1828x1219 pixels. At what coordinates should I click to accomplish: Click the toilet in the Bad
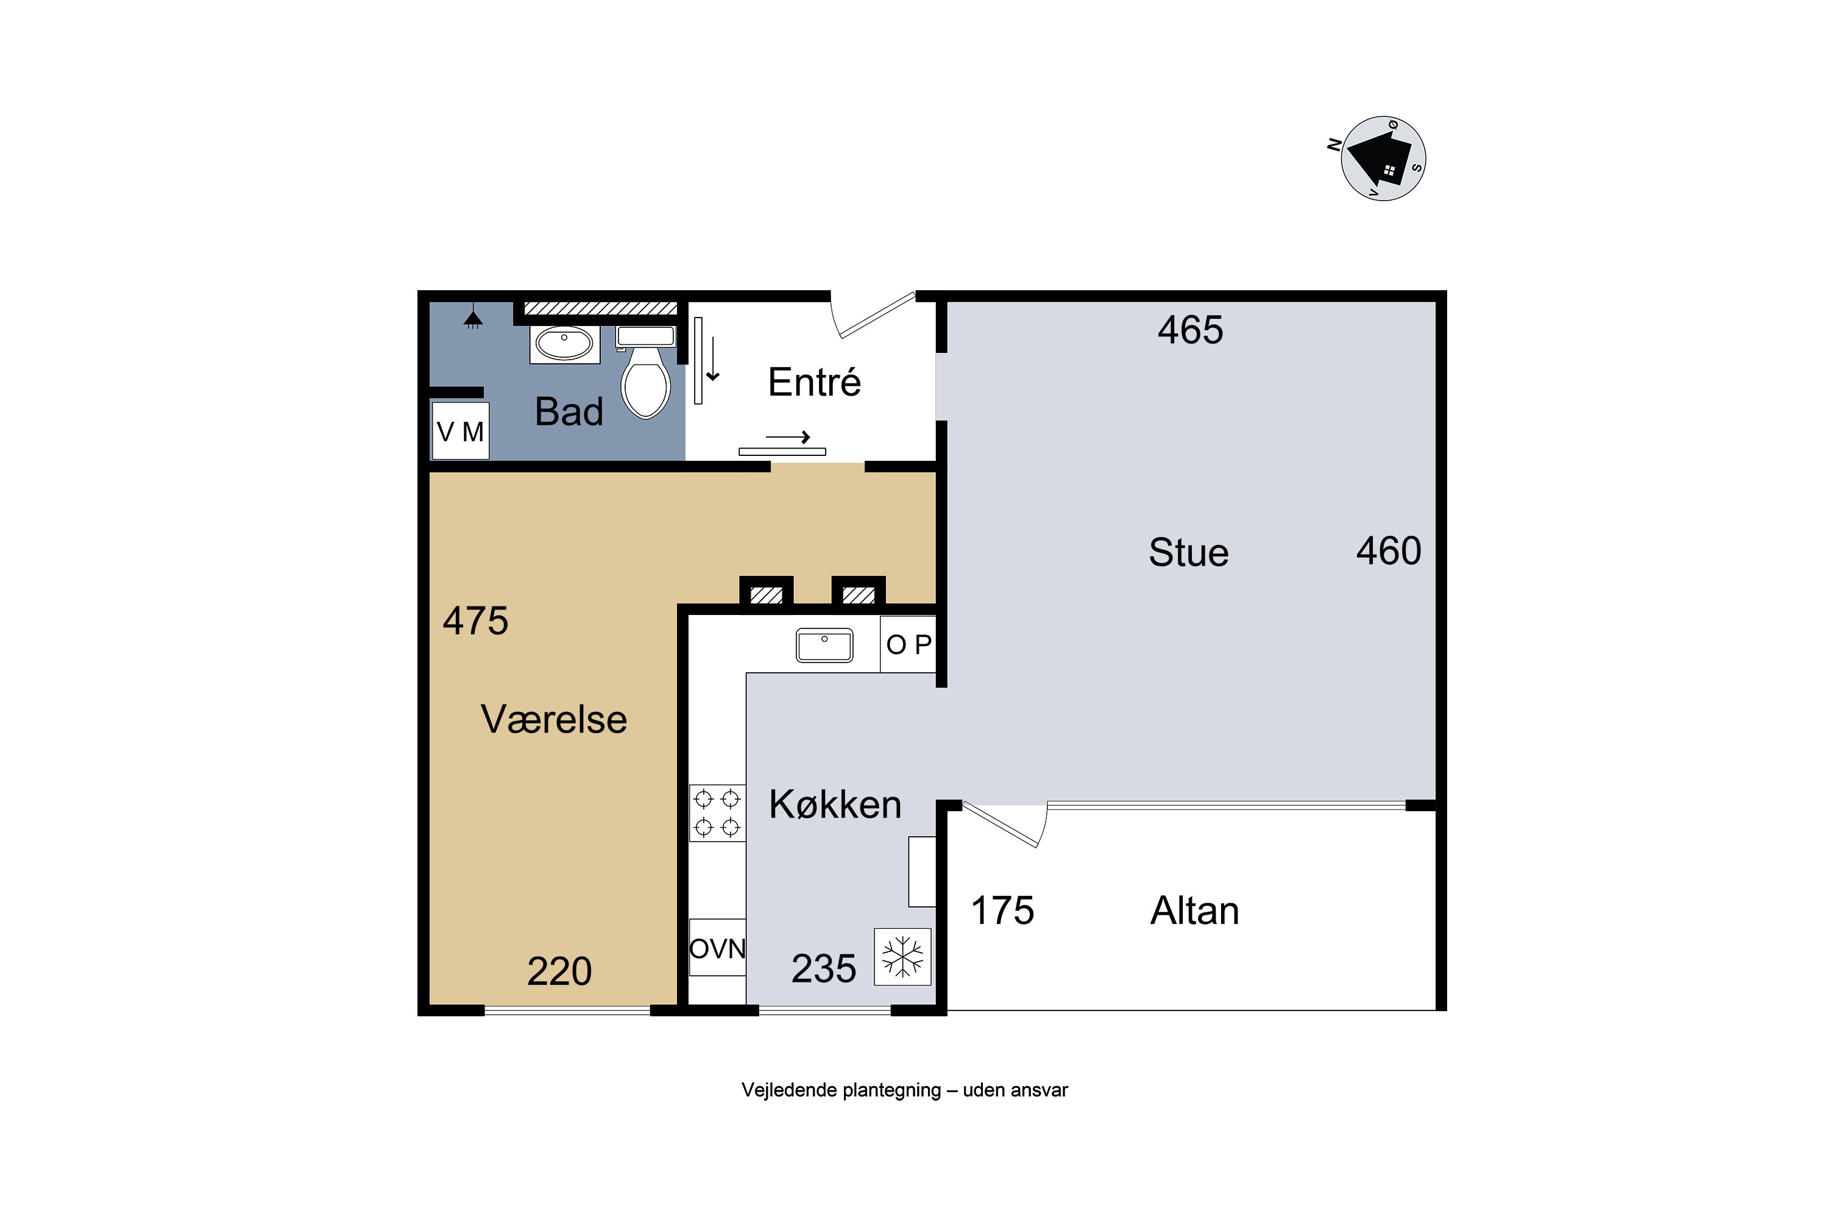646,372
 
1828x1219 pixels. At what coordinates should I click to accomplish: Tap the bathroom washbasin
565,344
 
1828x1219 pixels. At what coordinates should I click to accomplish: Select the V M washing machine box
460,431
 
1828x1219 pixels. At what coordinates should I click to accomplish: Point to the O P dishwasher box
908,644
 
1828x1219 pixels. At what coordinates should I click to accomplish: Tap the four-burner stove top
717,813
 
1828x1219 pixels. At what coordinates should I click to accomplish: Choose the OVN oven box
717,948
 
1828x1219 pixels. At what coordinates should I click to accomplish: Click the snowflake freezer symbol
902,957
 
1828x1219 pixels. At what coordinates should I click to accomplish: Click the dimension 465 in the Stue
1190,330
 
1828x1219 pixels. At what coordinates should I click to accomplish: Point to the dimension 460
1389,551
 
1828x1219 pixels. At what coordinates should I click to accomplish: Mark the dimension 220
559,971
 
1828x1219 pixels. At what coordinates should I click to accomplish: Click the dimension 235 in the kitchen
824,968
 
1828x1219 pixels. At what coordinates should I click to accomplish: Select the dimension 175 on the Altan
1002,911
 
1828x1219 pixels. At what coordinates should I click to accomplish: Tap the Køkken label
835,804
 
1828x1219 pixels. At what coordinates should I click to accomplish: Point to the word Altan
1194,911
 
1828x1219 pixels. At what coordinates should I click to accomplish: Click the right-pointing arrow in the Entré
788,438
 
